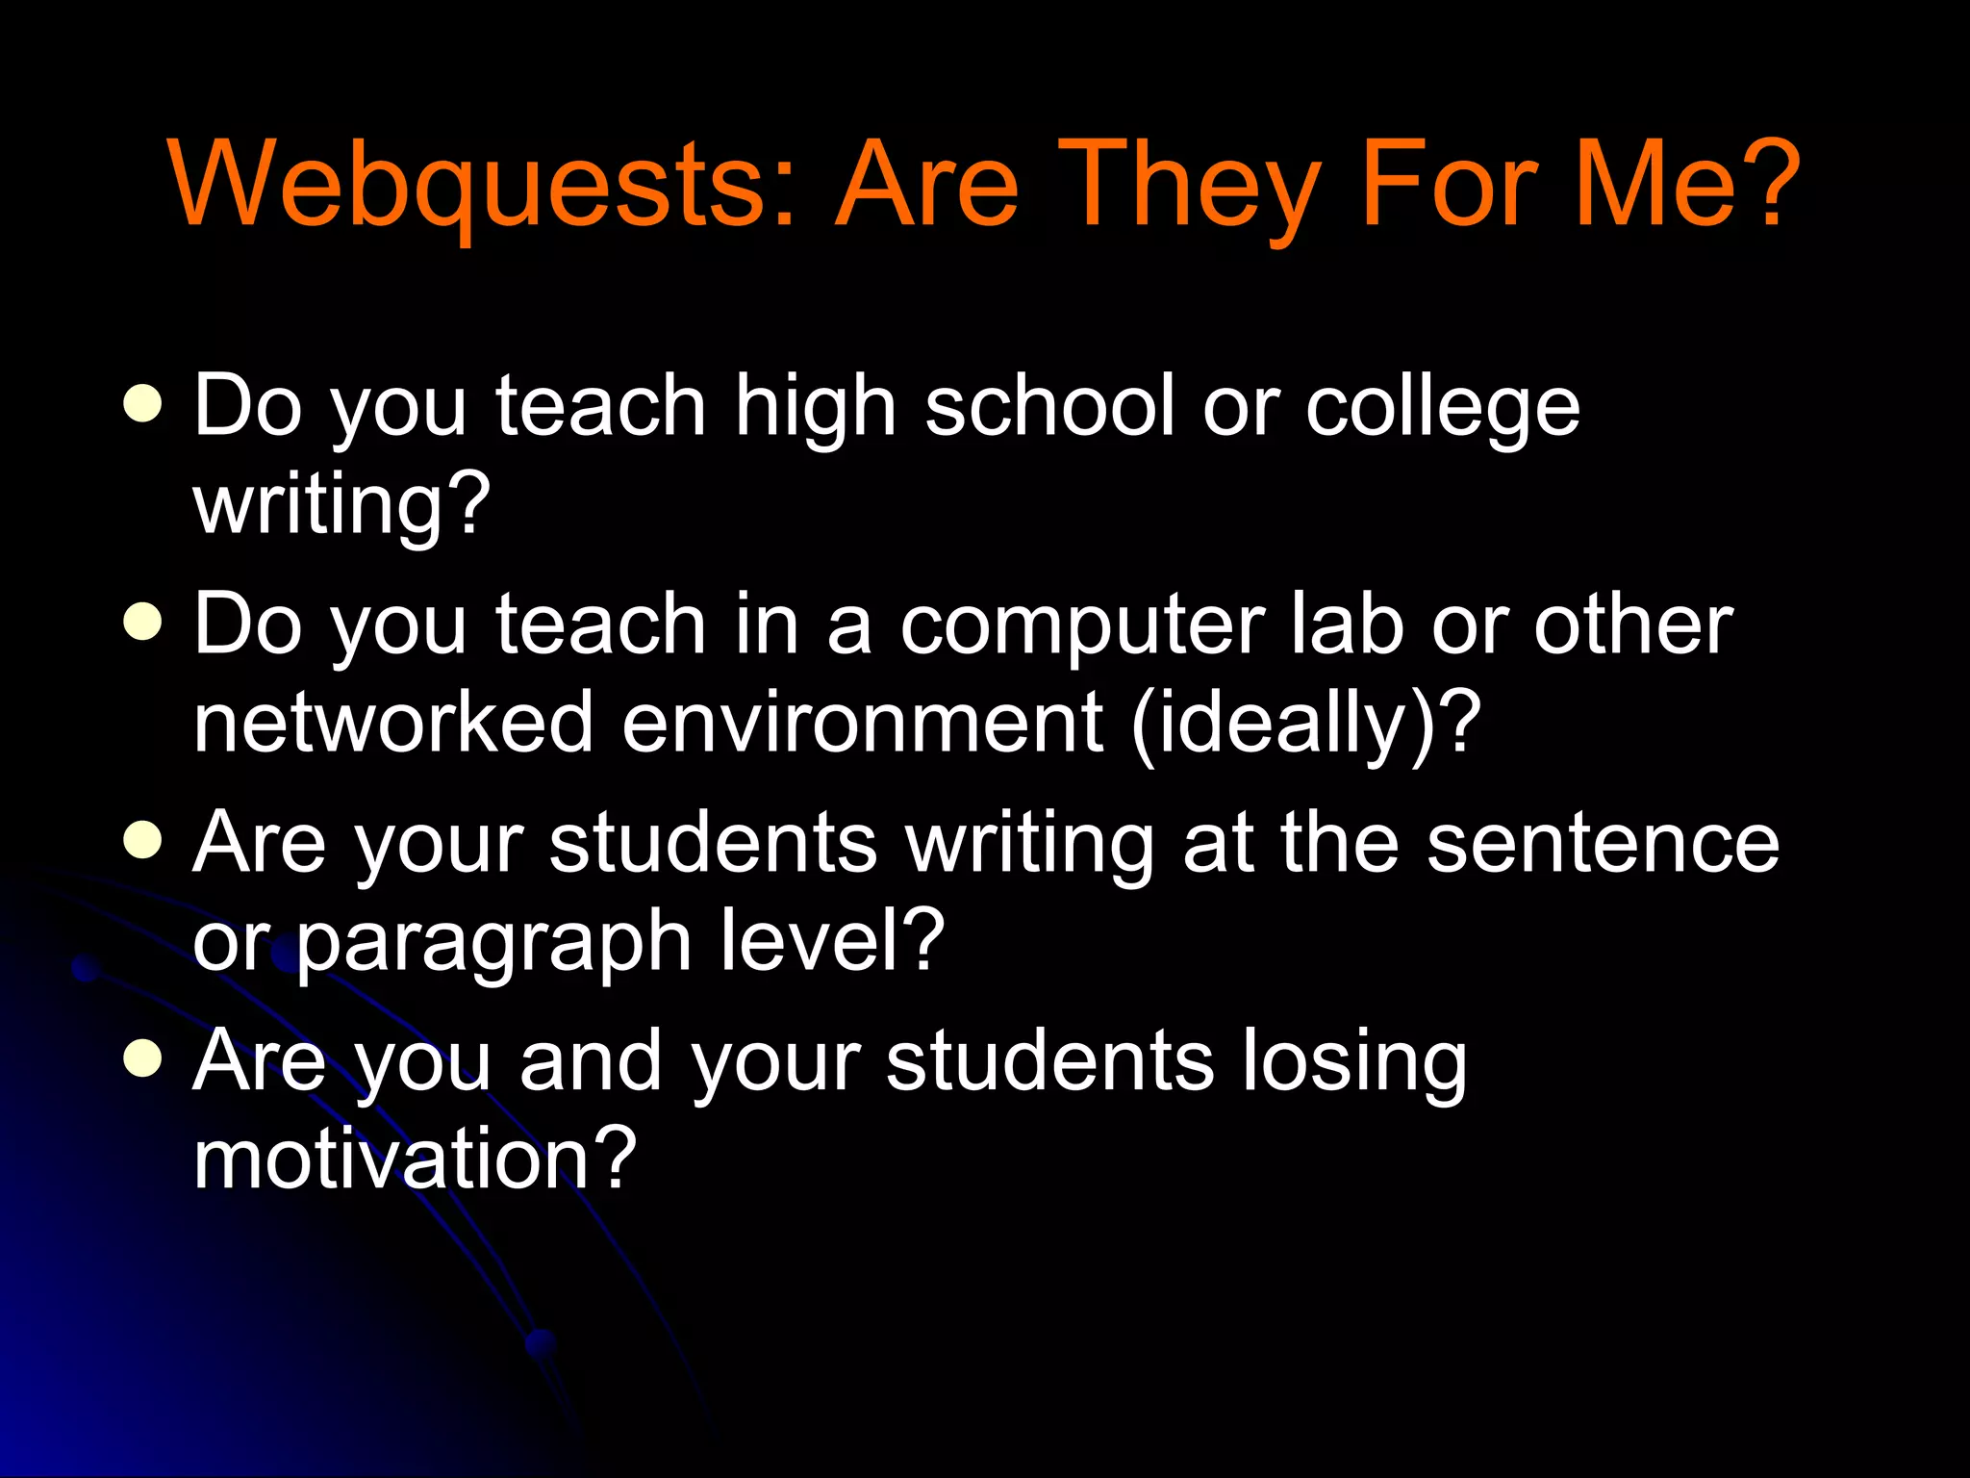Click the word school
[x=1049, y=405]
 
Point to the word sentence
[x=1603, y=842]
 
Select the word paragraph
[x=494, y=943]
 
